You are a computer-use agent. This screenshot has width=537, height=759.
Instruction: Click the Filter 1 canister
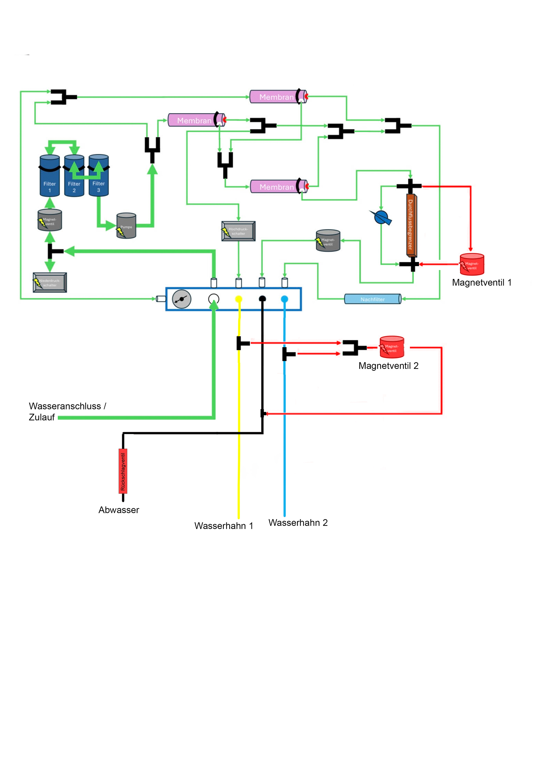pyautogui.click(x=50, y=177)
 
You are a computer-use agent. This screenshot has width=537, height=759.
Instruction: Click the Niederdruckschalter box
pyautogui.click(x=50, y=283)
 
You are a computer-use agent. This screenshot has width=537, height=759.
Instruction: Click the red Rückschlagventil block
pyautogui.click(x=123, y=471)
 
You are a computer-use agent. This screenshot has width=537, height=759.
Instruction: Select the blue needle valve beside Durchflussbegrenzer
pyautogui.click(x=382, y=217)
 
